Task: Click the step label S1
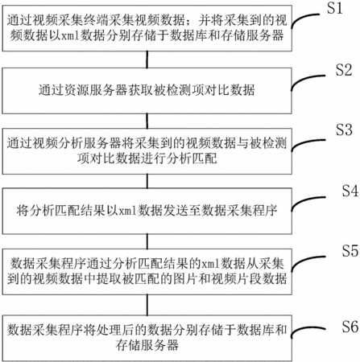click(335, 8)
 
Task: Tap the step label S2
click(344, 70)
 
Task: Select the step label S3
click(344, 130)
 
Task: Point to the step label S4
click(350, 191)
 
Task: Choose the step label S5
click(350, 251)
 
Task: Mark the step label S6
click(350, 327)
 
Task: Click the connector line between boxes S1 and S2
click(147, 60)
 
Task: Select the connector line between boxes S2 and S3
click(147, 121)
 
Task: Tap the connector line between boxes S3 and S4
click(147, 181)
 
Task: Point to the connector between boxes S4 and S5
click(147, 241)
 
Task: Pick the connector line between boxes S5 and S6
click(147, 305)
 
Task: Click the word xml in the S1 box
click(71, 36)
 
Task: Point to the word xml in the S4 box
click(127, 211)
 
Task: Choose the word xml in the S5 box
click(210, 264)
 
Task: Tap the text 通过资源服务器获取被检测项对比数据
click(147, 90)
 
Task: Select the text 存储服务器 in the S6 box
click(147, 345)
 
